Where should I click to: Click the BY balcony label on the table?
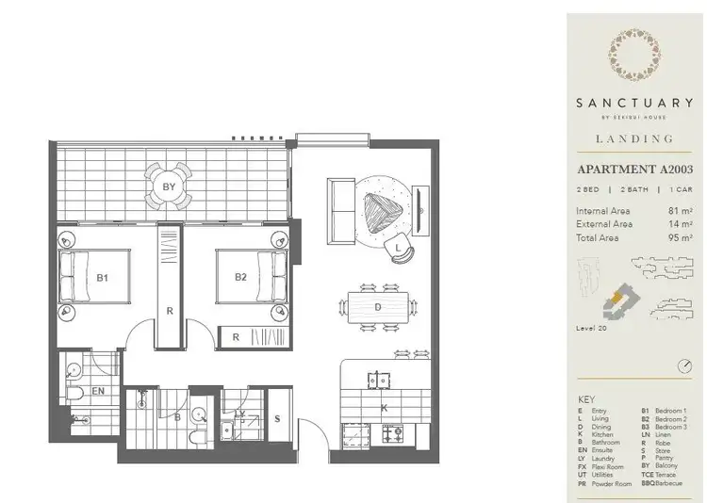click(170, 187)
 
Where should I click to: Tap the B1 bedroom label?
click(103, 278)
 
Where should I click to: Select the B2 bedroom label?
click(240, 278)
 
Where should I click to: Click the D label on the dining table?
click(377, 306)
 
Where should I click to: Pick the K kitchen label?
click(385, 408)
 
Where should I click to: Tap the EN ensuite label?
click(98, 389)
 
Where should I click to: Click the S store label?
click(277, 419)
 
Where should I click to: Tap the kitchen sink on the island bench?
click(379, 381)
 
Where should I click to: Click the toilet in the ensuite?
click(79, 393)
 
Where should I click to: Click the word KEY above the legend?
click(587, 400)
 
